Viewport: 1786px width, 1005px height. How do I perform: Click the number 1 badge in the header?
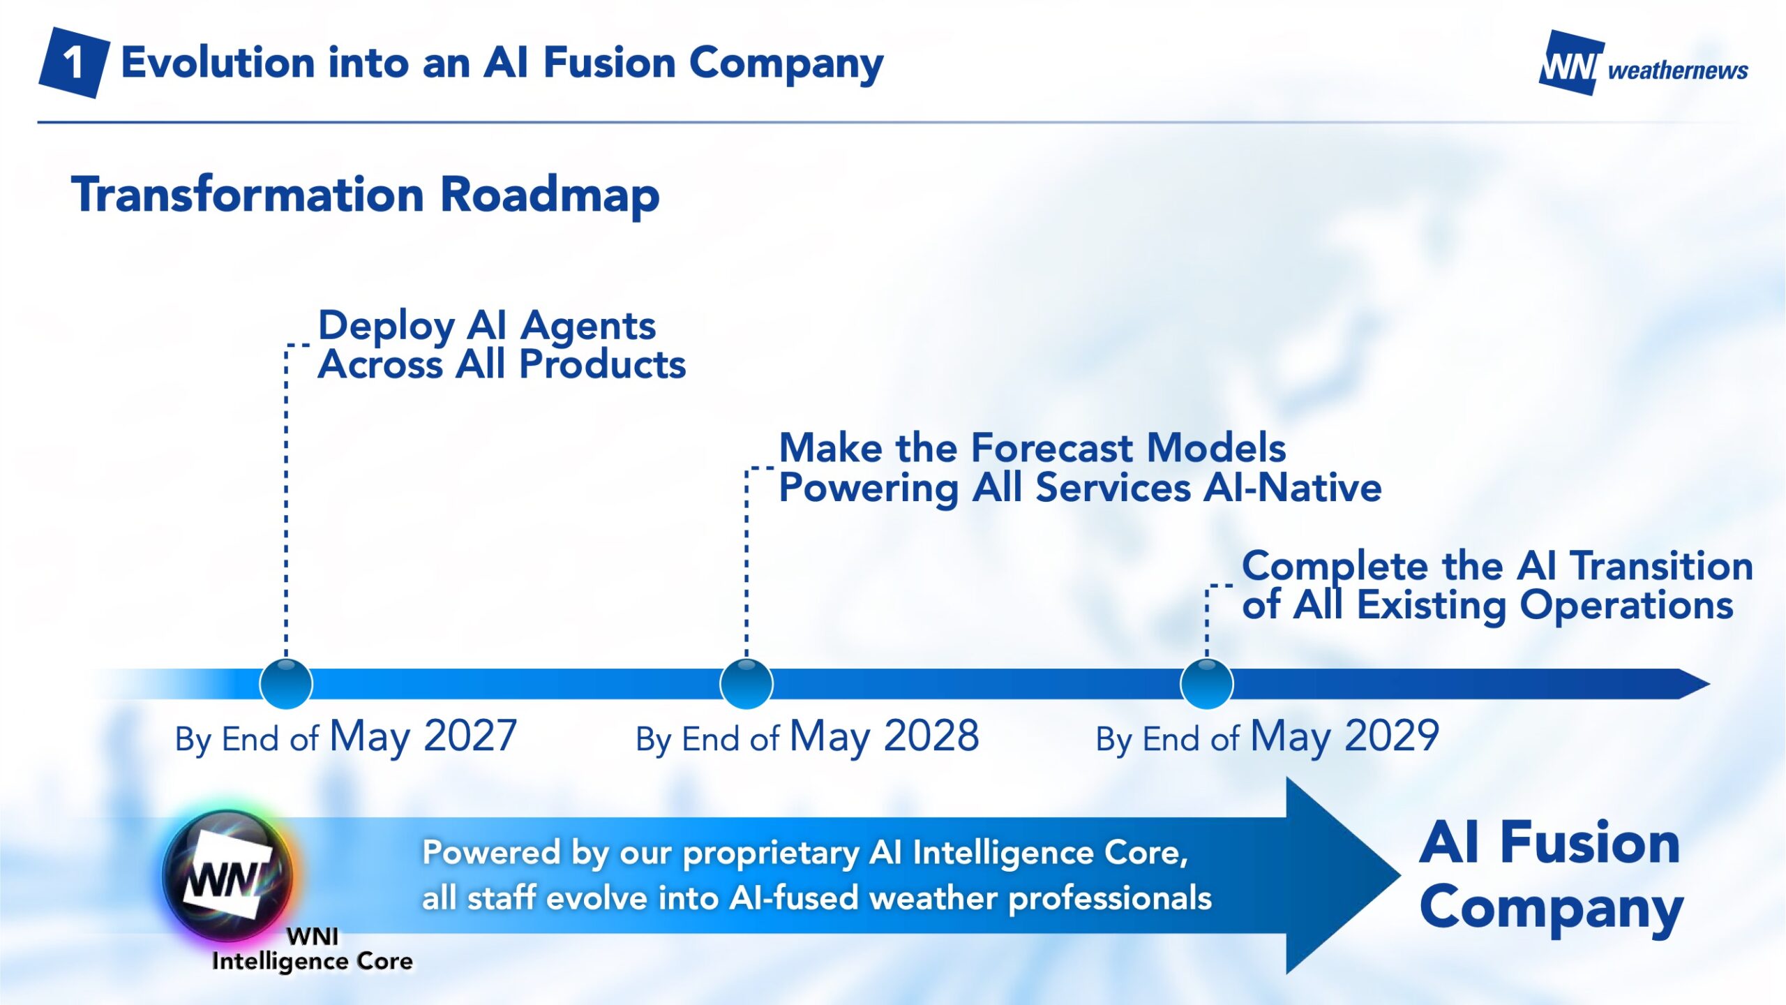[74, 63]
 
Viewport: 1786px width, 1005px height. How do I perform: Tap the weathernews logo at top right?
[1644, 63]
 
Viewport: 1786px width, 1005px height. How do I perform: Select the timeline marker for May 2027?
[286, 684]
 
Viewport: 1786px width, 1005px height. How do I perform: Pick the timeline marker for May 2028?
[746, 684]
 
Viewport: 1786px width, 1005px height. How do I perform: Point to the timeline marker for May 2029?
[1207, 684]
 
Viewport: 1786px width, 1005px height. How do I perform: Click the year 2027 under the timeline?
[470, 736]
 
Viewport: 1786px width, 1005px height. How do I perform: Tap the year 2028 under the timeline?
[931, 736]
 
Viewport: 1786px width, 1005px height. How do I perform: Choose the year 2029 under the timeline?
[1392, 736]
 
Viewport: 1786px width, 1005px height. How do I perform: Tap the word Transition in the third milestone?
[1663, 565]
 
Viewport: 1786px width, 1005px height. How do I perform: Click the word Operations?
[1626, 606]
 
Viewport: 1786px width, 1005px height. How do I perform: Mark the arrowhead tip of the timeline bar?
[1710, 684]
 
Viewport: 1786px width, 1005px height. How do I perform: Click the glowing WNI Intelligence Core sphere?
[230, 875]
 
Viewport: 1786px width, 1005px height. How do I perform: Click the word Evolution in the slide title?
[218, 63]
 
